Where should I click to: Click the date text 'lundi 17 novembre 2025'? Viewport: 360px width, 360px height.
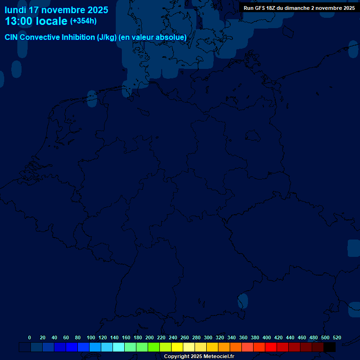pyautogui.click(x=56, y=10)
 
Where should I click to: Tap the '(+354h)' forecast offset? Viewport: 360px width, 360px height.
pyautogui.click(x=83, y=21)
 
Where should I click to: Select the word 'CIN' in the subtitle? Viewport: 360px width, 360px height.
pyautogui.click(x=11, y=37)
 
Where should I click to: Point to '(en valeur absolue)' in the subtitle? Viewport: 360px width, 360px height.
pyautogui.click(x=153, y=37)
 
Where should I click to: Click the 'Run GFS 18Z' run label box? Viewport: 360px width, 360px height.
pyautogui.click(x=299, y=8)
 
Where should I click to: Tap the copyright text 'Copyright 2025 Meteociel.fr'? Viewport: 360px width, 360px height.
pyautogui.click(x=199, y=357)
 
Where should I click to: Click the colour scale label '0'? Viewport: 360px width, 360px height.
pyautogui.click(x=30, y=337)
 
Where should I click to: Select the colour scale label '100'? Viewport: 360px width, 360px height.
pyautogui.click(x=91, y=337)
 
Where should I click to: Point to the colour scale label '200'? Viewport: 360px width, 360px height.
pyautogui.click(x=150, y=337)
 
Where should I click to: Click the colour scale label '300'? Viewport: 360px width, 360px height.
pyautogui.click(x=208, y=337)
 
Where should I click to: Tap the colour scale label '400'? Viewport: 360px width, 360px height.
pyautogui.click(x=267, y=337)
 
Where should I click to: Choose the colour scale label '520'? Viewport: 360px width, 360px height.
pyautogui.click(x=337, y=337)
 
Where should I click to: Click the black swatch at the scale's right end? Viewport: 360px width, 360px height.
pyautogui.click(x=330, y=347)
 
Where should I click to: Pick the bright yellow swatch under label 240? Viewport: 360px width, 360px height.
pyautogui.click(x=177, y=347)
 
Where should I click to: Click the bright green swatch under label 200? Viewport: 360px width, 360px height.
pyautogui.click(x=154, y=347)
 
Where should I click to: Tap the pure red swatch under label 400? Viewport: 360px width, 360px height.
pyautogui.click(x=271, y=347)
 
